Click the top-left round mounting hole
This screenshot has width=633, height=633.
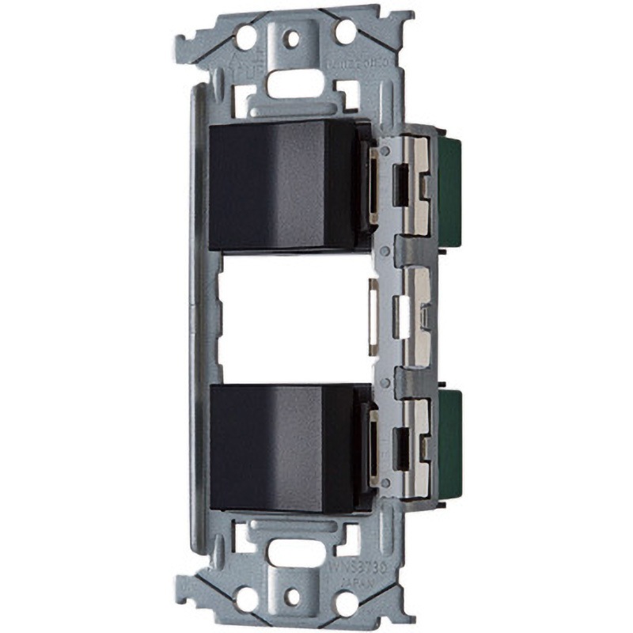tap(246, 35)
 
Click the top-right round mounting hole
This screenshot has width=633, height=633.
tap(346, 32)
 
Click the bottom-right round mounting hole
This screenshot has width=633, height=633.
tap(346, 603)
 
